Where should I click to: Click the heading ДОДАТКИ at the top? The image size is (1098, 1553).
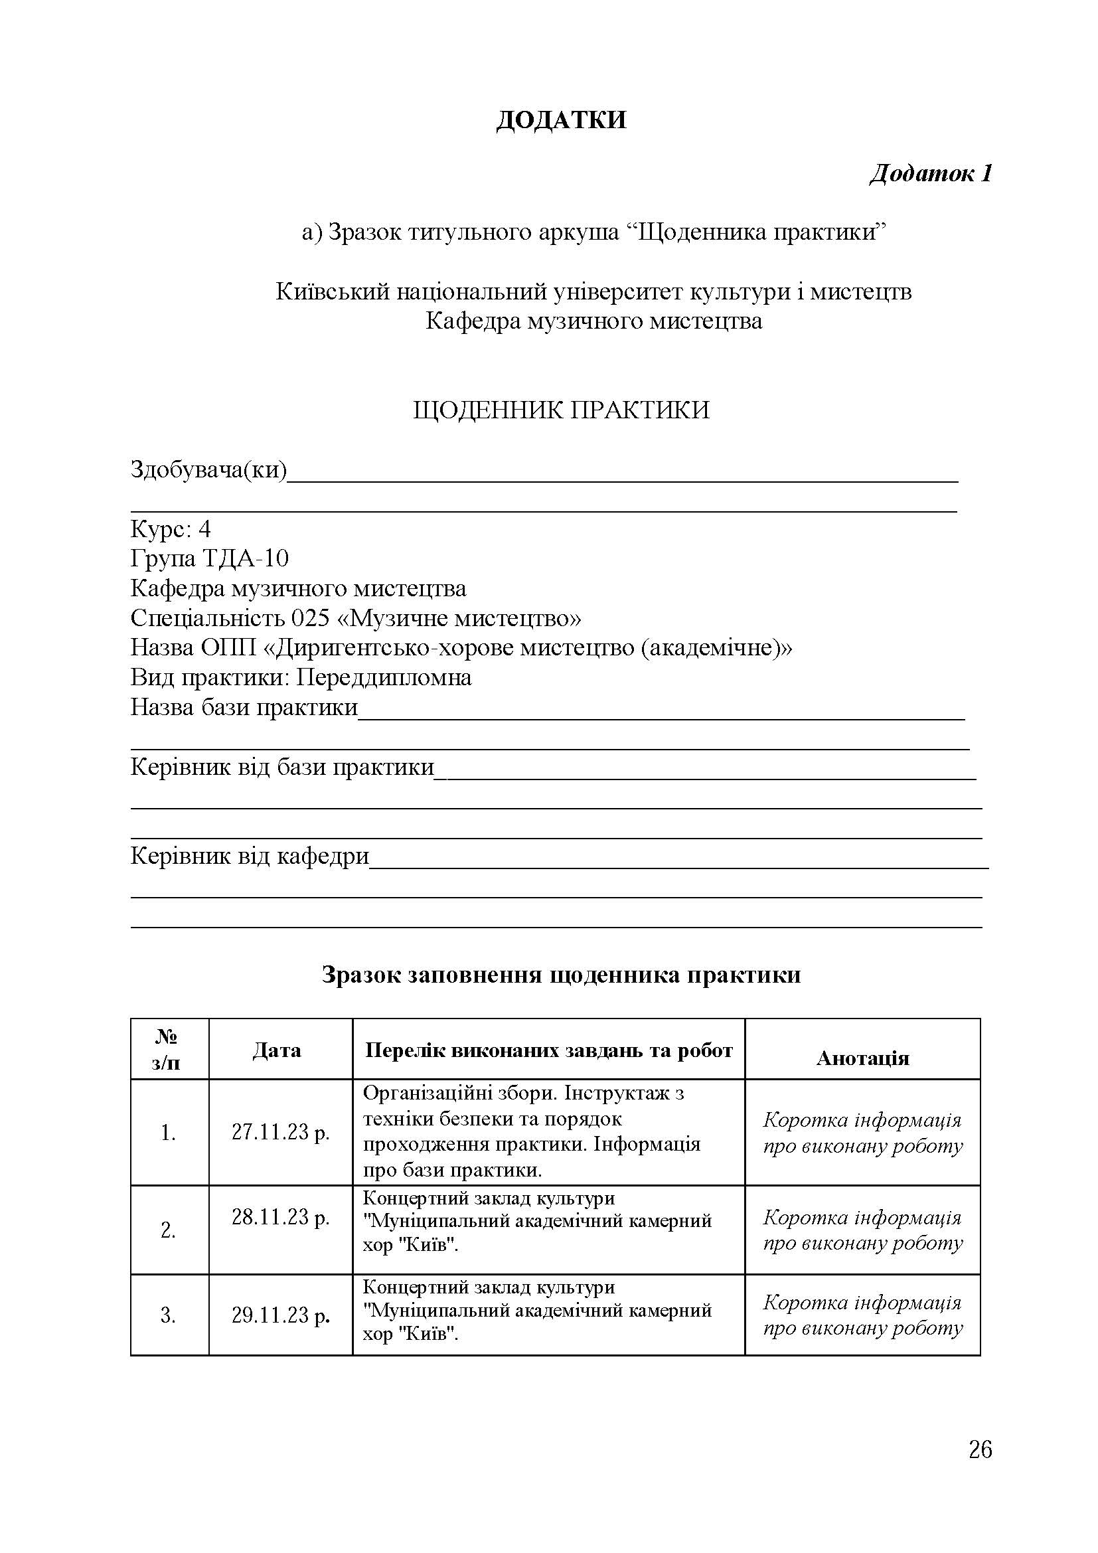pyautogui.click(x=561, y=120)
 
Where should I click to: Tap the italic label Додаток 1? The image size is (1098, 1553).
pyautogui.click(x=930, y=174)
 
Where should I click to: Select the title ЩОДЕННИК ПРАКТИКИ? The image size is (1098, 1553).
pyautogui.click(x=561, y=410)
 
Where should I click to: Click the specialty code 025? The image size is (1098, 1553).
pyautogui.click(x=310, y=618)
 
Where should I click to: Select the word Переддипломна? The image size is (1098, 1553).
pyautogui.click(x=384, y=677)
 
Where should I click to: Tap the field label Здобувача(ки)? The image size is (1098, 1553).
pyautogui.click(x=208, y=469)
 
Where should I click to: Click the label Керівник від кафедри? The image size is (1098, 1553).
pyautogui.click(x=250, y=857)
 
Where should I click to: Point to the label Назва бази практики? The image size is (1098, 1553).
pyautogui.click(x=244, y=708)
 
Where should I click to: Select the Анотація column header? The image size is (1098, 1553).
pyautogui.click(x=863, y=1058)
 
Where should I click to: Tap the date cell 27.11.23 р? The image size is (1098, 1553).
pyautogui.click(x=281, y=1131)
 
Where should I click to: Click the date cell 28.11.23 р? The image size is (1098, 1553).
pyautogui.click(x=281, y=1218)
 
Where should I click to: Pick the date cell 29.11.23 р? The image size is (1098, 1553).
pyautogui.click(x=281, y=1315)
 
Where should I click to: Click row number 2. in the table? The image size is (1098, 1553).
pyautogui.click(x=169, y=1230)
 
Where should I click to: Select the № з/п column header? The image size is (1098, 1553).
pyautogui.click(x=167, y=1050)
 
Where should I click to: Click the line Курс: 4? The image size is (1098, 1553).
pyautogui.click(x=171, y=529)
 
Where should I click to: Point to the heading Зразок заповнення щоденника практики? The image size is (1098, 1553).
pyautogui.click(x=561, y=975)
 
